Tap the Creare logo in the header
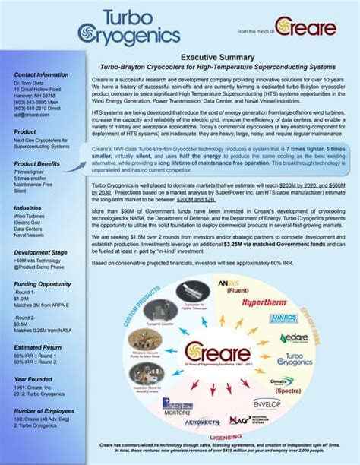pyautogui.click(x=305, y=28)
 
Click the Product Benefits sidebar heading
pyautogui.click(x=40, y=164)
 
